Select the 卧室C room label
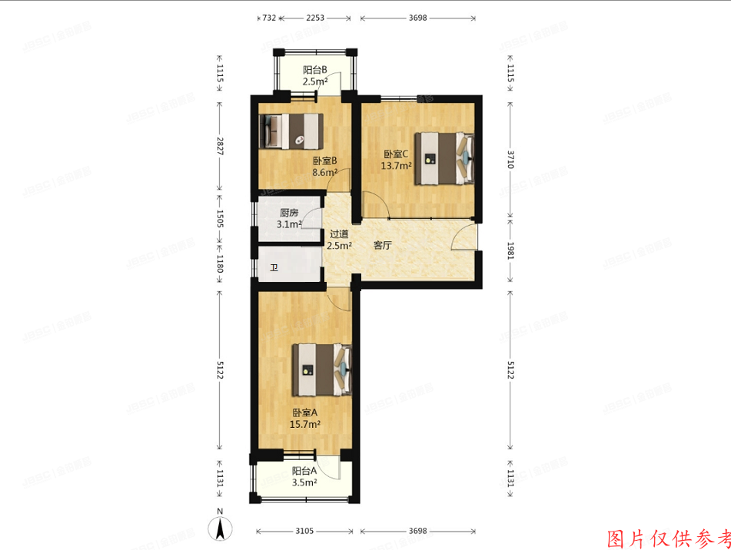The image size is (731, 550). click(x=397, y=154)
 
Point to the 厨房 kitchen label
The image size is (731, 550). click(x=289, y=213)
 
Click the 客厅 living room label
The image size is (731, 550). click(x=383, y=246)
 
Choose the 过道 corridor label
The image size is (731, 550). click(x=339, y=235)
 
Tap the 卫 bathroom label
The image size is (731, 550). click(x=274, y=268)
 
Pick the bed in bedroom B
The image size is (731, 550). click(x=291, y=131)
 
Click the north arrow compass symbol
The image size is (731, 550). click(x=220, y=528)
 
